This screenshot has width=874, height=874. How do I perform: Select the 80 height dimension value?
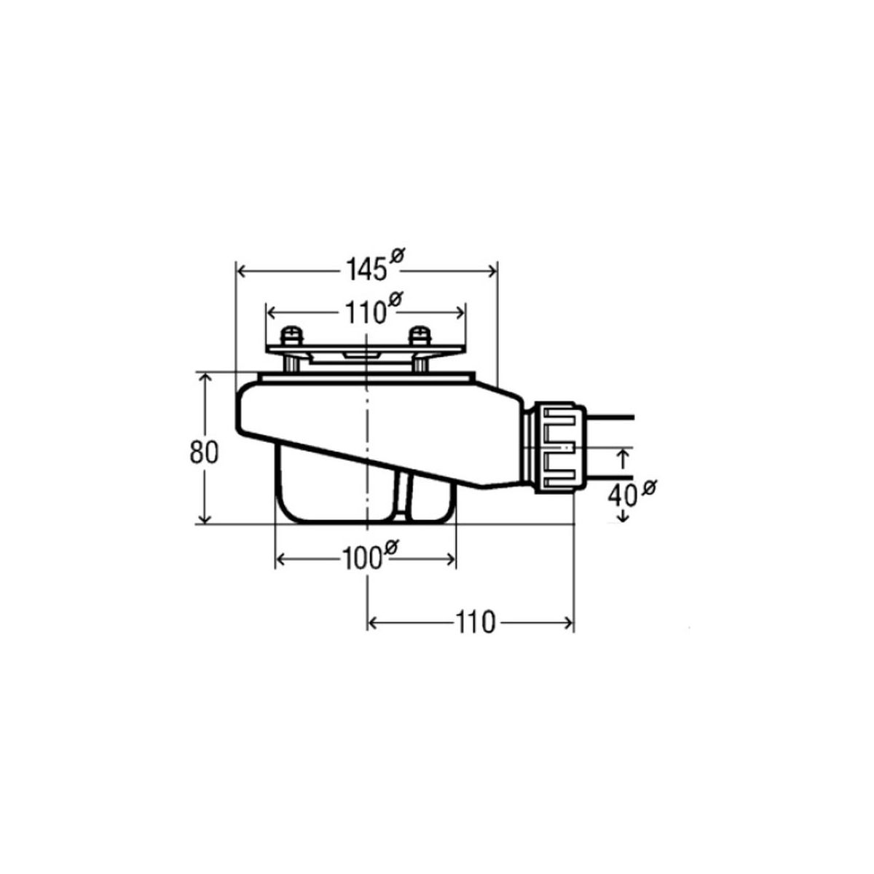tap(204, 452)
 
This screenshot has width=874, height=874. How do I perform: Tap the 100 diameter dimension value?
tap(361, 559)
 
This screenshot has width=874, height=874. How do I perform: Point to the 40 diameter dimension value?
tap(622, 496)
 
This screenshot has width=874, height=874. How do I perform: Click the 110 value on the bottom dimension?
tap(475, 622)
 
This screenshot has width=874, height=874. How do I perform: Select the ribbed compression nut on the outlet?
tap(561, 447)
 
